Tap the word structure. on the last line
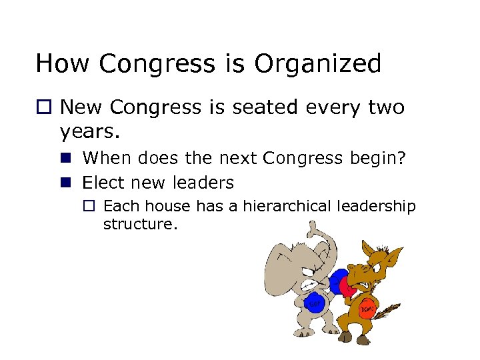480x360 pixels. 140,224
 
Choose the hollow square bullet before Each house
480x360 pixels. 91,207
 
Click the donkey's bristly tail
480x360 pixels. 388,311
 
